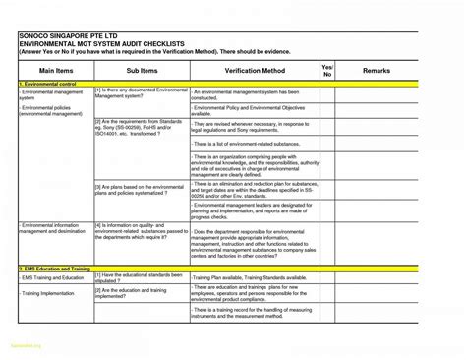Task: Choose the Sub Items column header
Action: [141, 70]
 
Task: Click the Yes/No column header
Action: [327, 70]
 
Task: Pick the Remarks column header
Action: [377, 70]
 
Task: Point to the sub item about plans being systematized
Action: [139, 189]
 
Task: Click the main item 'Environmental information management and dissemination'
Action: [54, 228]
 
